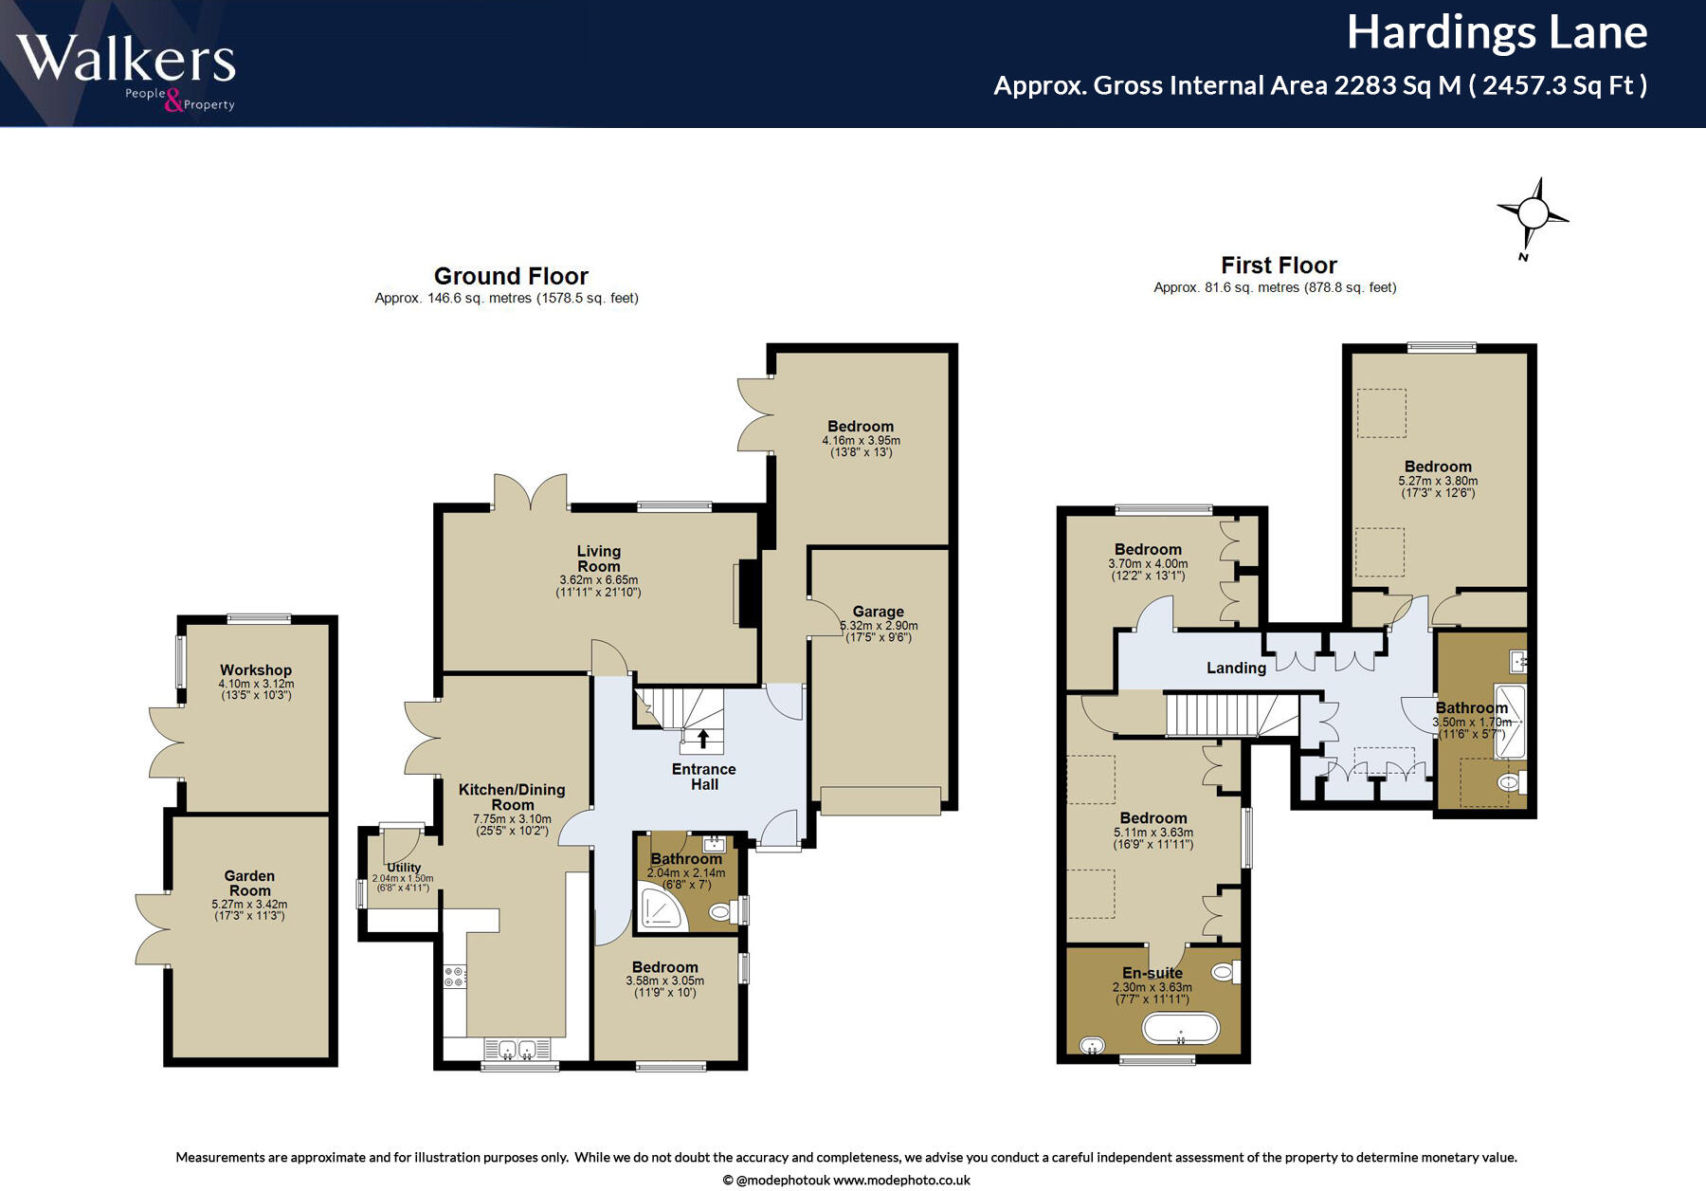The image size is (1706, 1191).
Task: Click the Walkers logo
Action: (x=126, y=72)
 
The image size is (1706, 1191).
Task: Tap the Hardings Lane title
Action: (x=1497, y=32)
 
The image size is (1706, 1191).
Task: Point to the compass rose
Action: (x=1532, y=216)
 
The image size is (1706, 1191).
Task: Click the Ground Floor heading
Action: (x=511, y=276)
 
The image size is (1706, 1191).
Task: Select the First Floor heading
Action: (x=1279, y=266)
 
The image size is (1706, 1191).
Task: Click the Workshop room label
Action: (x=256, y=669)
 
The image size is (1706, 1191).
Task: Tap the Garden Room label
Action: (x=249, y=883)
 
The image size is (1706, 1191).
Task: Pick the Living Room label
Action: (x=599, y=559)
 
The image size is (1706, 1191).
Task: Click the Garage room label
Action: (x=878, y=612)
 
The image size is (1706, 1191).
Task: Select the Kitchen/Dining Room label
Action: (x=512, y=797)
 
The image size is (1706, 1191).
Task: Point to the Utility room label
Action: (x=404, y=867)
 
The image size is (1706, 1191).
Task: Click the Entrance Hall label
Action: (x=704, y=777)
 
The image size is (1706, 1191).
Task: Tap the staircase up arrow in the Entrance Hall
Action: (x=703, y=738)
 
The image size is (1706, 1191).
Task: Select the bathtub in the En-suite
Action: (x=1181, y=1029)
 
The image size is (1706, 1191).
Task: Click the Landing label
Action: (x=1236, y=668)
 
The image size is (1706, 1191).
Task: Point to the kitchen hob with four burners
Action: (x=455, y=977)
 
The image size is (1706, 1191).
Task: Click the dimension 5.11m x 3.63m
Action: (x=1153, y=833)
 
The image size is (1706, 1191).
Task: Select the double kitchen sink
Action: (x=517, y=1048)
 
